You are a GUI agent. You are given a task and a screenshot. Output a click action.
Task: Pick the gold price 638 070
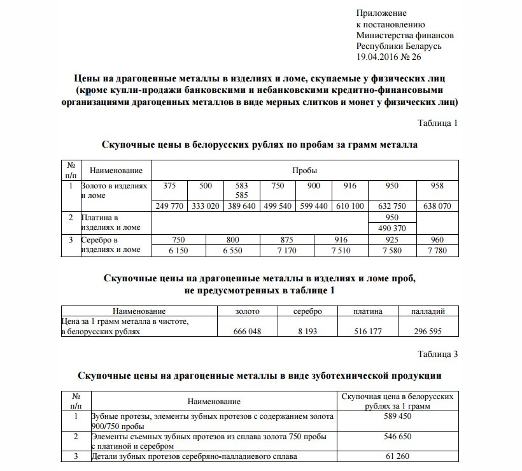point(437,206)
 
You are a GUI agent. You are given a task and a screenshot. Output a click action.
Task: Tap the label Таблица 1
point(437,123)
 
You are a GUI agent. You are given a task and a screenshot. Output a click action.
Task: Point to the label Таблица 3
point(437,354)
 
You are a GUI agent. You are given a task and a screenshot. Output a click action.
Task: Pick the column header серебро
point(308,311)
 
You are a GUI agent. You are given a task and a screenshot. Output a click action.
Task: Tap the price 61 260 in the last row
point(397,456)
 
